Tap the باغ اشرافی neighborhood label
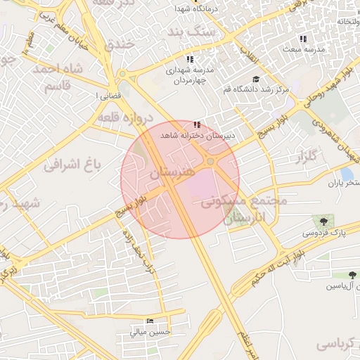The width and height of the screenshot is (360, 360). pos(73,165)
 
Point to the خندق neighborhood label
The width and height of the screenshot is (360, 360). pos(119,44)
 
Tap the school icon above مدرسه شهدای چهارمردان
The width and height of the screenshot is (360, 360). pos(189,59)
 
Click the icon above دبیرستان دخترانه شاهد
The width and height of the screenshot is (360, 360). pos(205,124)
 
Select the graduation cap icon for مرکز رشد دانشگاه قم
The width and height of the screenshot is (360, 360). pos(256,79)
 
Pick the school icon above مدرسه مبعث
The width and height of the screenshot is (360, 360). pos(303,39)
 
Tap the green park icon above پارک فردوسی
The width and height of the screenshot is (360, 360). pos(323,221)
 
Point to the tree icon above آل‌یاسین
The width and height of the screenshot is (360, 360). pos(352,275)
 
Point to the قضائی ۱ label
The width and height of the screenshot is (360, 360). pos(104,95)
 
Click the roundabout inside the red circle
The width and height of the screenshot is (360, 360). pos(210,163)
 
